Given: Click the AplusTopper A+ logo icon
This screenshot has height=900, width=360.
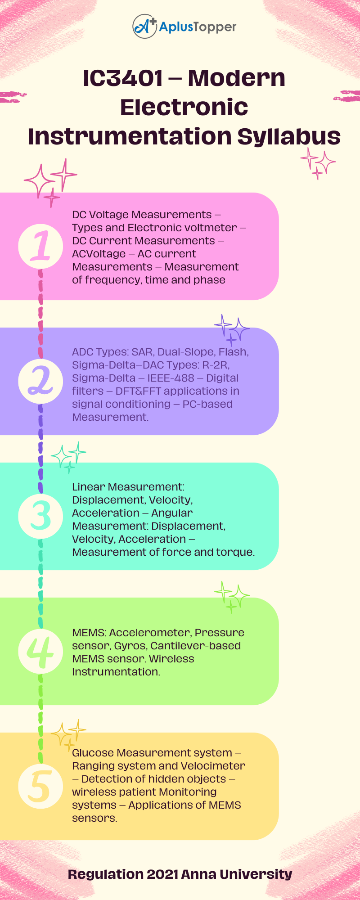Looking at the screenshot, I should pyautogui.click(x=144, y=26).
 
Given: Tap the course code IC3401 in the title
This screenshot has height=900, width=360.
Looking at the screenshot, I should pyautogui.click(x=122, y=78).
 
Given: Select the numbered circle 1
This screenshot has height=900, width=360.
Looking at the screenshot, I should pyautogui.click(x=40, y=246).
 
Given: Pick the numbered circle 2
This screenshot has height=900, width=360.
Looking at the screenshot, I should pyautogui.click(x=40, y=381).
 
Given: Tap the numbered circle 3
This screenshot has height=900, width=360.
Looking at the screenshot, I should pyautogui.click(x=40, y=516).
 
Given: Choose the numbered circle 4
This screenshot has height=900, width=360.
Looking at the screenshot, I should pyautogui.click(x=40, y=651).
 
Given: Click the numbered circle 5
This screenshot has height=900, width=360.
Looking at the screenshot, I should pyautogui.click(x=40, y=786).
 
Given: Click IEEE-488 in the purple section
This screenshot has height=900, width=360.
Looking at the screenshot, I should pyautogui.click(x=171, y=378).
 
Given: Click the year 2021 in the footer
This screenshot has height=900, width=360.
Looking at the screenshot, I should pyautogui.click(x=162, y=874).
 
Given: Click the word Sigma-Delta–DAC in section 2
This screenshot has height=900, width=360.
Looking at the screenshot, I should pyautogui.click(x=112, y=365).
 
